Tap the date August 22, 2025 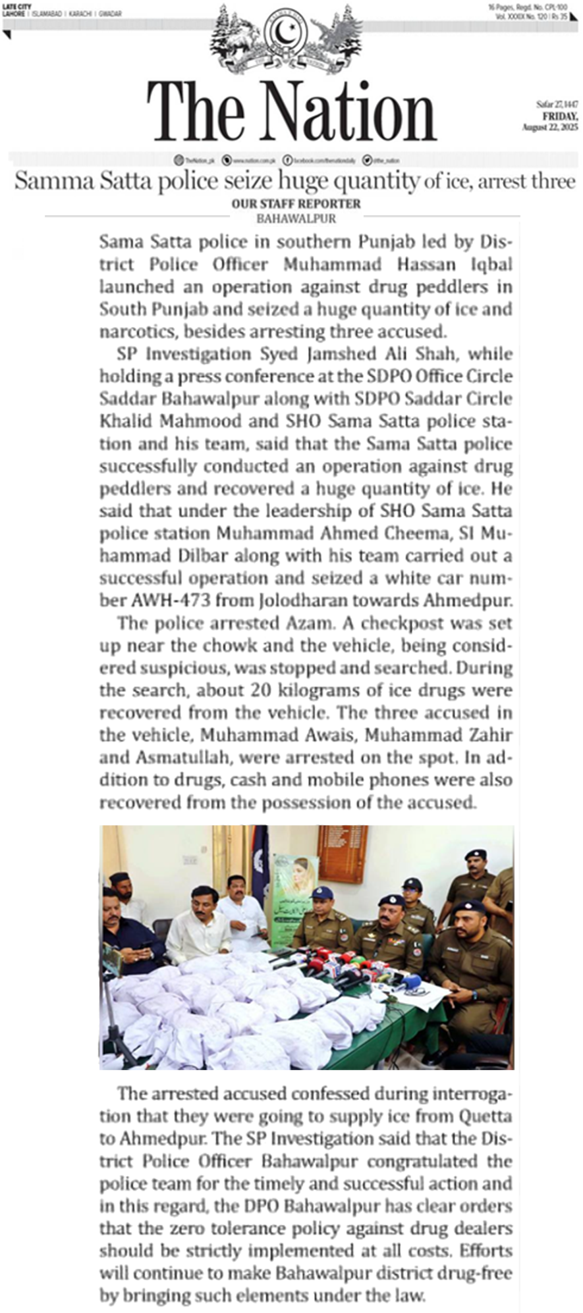click(x=550, y=127)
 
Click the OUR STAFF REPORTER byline click(x=296, y=204)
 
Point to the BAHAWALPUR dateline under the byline click(x=296, y=219)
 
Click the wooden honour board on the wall click(x=342, y=853)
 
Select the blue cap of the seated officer click(x=323, y=892)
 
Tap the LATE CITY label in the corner click(x=17, y=7)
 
